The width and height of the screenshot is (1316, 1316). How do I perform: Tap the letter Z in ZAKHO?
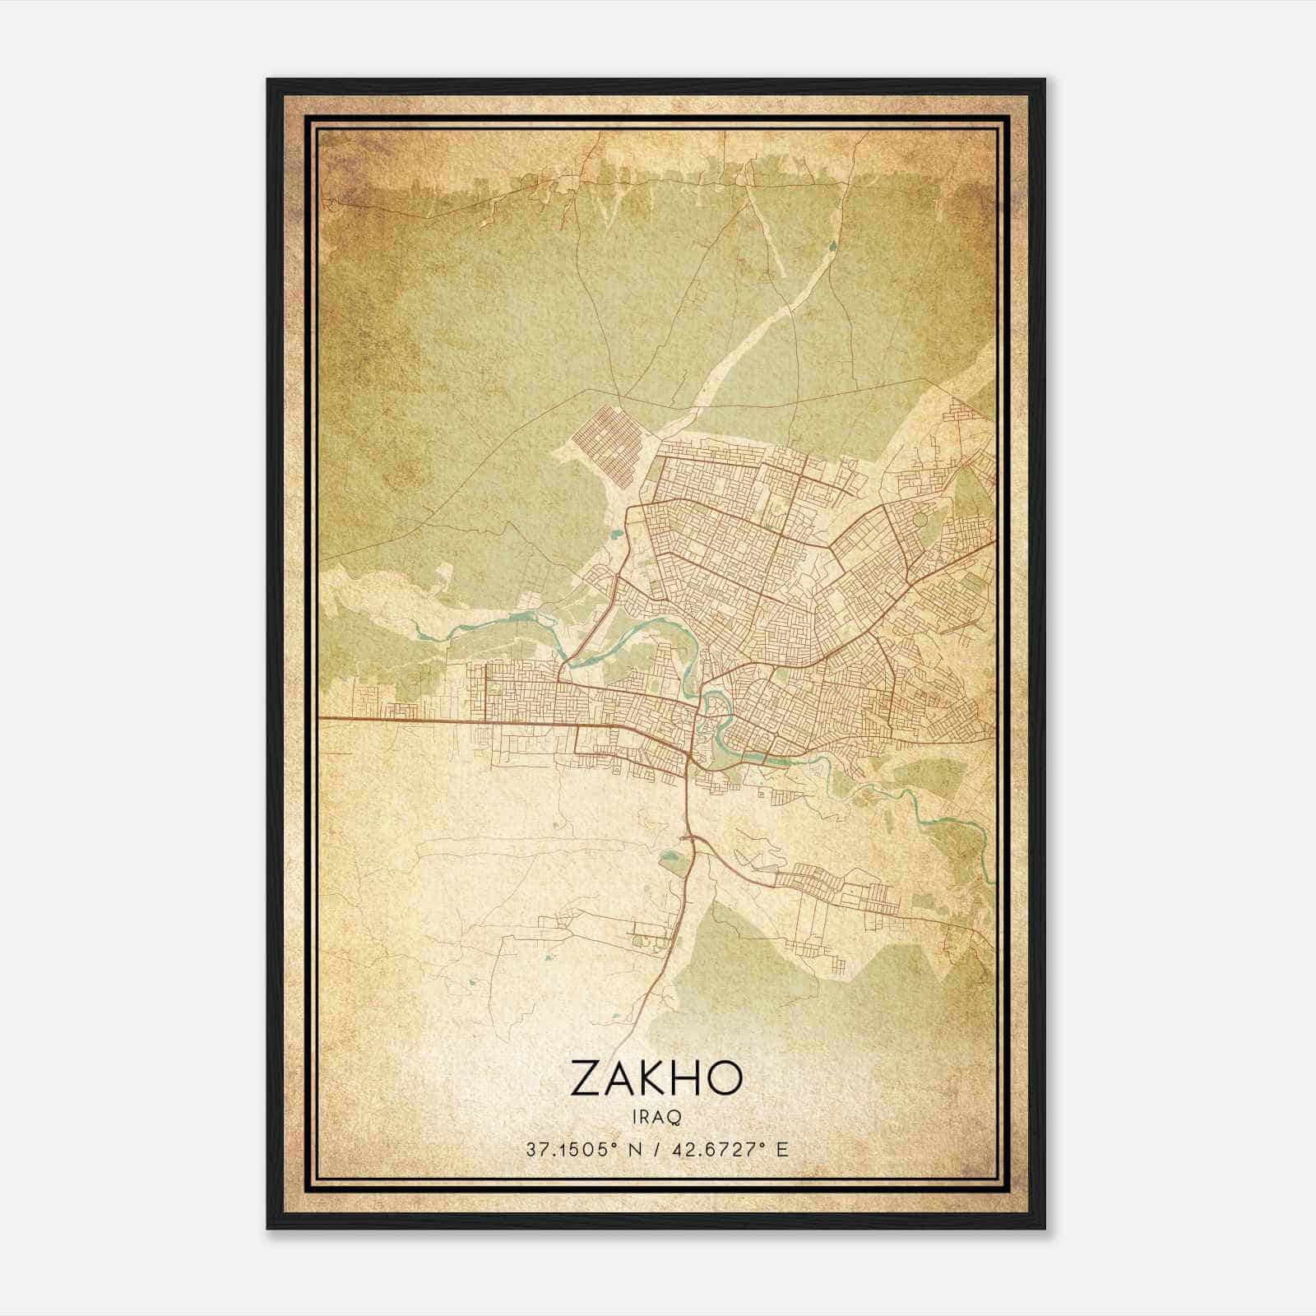(x=586, y=1077)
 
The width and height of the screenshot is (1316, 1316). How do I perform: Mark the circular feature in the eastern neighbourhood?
(x=920, y=520)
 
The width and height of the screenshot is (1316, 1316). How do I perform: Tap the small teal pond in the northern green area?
(x=833, y=244)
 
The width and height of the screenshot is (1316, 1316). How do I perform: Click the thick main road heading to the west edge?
(x=395, y=721)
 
